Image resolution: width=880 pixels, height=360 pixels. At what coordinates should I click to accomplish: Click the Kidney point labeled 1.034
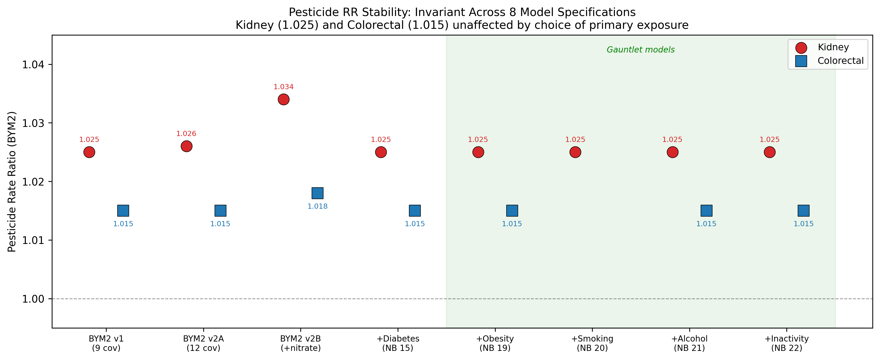[x=284, y=99]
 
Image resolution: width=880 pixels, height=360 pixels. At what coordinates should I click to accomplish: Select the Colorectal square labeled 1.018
[x=317, y=193]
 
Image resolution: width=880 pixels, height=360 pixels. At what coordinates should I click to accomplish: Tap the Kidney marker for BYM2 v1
[x=89, y=152]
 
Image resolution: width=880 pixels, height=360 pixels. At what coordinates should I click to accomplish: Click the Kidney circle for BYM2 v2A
[x=186, y=146]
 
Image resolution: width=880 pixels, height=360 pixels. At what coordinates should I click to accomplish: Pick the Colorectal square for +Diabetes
[x=415, y=211]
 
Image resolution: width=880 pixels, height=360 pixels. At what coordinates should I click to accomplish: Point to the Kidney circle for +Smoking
[x=575, y=152]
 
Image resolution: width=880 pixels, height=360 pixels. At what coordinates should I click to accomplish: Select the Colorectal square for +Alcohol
[x=707, y=211]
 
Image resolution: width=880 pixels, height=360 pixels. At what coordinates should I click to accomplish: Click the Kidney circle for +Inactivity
[x=770, y=152]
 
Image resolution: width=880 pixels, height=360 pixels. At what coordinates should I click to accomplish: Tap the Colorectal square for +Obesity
[x=512, y=211]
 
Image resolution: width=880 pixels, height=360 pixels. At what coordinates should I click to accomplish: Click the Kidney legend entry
[x=833, y=47]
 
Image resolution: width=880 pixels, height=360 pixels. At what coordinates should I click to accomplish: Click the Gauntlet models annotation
[x=641, y=50]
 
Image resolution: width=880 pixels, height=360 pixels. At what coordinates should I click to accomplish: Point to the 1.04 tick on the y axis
[x=33, y=65]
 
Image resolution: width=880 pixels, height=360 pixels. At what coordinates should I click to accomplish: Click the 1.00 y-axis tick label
[x=33, y=299]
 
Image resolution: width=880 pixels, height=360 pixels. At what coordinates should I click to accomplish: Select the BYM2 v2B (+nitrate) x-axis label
[x=301, y=343]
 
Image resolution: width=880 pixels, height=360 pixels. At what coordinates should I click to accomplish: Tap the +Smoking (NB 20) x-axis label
[x=592, y=343]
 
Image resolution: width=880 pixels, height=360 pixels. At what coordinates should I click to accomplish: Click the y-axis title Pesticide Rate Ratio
[x=12, y=181]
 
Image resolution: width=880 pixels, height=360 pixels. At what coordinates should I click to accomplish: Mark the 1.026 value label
[x=186, y=134]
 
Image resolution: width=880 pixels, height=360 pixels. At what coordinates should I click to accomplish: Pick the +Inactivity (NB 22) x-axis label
[x=787, y=343]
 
